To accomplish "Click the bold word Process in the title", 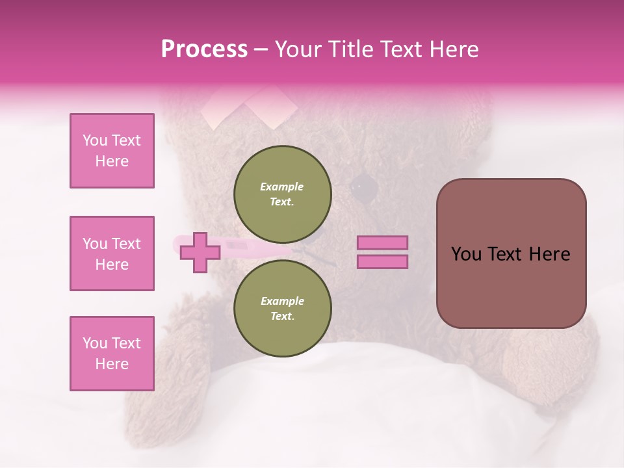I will pos(204,49).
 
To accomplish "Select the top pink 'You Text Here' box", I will pos(112,151).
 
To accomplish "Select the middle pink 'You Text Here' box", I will pos(112,253).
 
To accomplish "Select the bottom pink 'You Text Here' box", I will pos(112,354).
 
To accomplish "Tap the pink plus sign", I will pos(200,253).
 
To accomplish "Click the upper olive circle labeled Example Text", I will pos(283,194).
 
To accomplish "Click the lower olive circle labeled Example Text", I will pos(283,308).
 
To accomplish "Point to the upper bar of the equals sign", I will pos(382,243).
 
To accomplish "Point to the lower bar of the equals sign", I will pos(382,261).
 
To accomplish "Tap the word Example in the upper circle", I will pos(281,187).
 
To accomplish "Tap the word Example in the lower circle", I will pos(281,301).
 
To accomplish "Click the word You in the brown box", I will pos(466,254).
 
